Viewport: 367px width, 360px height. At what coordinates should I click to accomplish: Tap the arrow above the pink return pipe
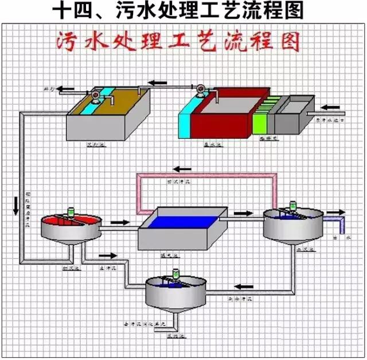click(x=183, y=168)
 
